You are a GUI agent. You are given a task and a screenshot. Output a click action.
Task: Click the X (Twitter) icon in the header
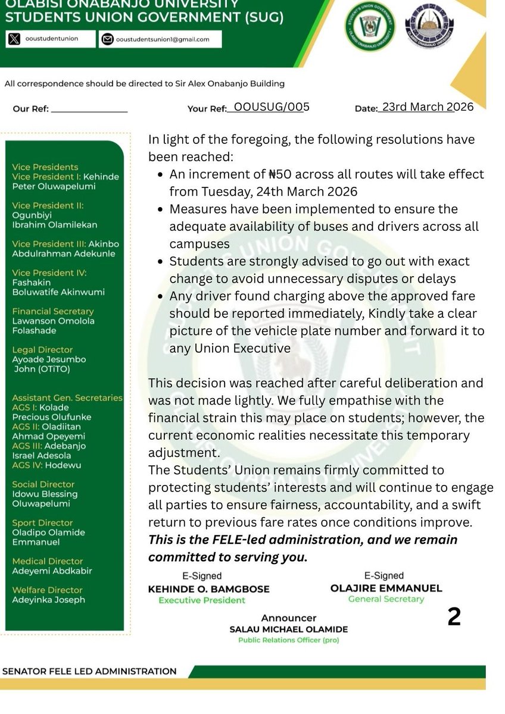coord(14,39)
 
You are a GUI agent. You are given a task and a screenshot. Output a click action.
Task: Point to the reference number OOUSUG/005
coord(272,107)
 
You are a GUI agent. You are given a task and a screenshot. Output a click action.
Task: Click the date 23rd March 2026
coord(428,107)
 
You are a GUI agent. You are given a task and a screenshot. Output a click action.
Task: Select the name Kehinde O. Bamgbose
coord(208,588)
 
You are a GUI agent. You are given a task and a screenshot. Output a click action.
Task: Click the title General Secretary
coord(386,599)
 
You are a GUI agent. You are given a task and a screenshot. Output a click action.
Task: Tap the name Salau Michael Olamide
coord(289,630)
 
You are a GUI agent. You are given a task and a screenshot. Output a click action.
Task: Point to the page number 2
coord(454,618)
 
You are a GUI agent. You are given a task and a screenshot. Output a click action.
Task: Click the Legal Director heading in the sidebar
coord(42,350)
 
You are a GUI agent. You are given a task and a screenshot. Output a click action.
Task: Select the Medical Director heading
coord(48,561)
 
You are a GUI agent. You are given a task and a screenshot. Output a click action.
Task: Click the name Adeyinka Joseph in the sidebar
coord(48,600)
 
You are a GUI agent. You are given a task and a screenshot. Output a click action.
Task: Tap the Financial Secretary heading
coord(53,311)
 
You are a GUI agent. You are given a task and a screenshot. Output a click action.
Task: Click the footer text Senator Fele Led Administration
coord(89,671)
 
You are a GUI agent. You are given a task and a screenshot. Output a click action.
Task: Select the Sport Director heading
coord(44,522)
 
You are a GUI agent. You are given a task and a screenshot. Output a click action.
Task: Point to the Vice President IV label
coord(49,273)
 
